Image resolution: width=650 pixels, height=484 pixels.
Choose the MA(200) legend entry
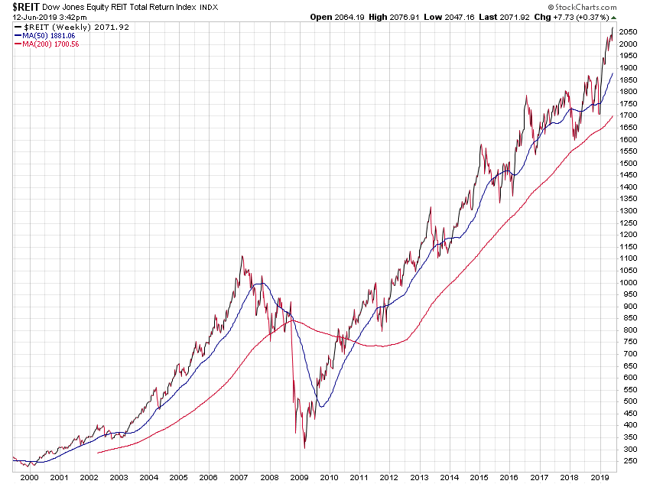point(47,44)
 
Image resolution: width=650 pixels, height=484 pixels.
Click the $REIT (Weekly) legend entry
point(54,26)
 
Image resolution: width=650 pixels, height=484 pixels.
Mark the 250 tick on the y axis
point(627,460)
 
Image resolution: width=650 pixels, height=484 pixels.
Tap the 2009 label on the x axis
point(299,477)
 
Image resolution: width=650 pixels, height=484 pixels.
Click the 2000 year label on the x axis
point(29,477)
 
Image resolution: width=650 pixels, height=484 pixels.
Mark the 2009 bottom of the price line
point(304,447)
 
